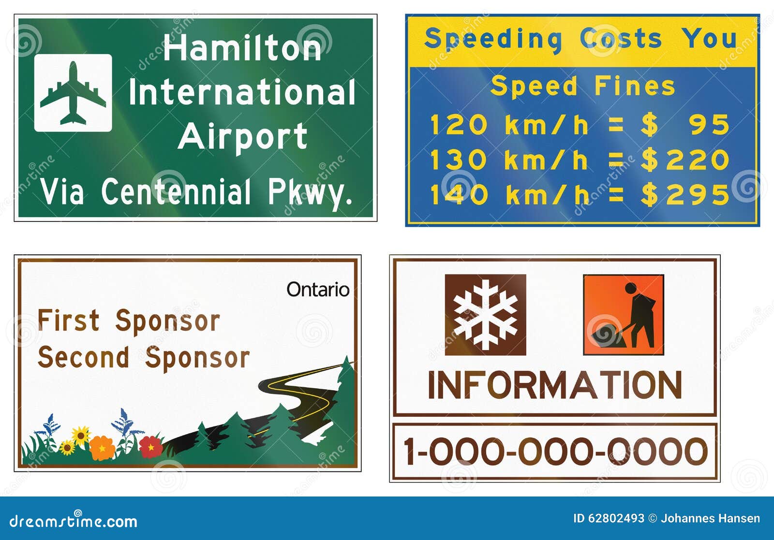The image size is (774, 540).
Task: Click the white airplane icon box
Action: tap(73, 93)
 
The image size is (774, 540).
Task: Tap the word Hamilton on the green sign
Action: tap(242, 48)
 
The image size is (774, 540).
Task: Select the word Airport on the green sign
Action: tap(243, 136)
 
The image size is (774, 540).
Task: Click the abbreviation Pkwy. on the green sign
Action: tap(310, 192)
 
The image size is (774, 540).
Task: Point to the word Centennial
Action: tap(176, 191)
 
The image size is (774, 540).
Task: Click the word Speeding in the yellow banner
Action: tap(493, 39)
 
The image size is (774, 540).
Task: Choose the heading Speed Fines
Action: tap(582, 87)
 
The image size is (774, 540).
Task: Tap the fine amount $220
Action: tap(685, 160)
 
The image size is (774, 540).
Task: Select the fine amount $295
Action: tap(685, 195)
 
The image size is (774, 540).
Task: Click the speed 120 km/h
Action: tap(509, 125)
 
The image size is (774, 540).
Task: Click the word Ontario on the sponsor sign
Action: tap(318, 290)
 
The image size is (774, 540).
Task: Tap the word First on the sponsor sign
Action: tap(69, 321)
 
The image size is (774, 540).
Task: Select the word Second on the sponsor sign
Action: tap(84, 358)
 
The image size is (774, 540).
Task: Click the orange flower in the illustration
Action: tap(102, 448)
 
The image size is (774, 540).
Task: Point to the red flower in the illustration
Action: tap(151, 446)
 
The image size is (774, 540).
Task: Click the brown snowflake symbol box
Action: tap(485, 315)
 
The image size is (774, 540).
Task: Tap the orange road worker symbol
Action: tap(623, 315)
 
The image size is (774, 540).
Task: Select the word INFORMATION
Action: tap(555, 385)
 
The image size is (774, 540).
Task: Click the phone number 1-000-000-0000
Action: tap(555, 452)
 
